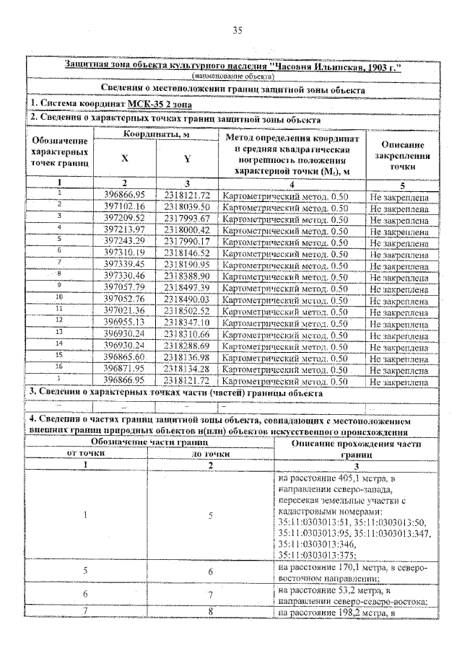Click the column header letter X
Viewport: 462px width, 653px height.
coord(125,159)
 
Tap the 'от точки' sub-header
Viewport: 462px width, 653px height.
coord(86,453)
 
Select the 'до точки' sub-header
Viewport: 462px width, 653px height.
coord(210,453)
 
